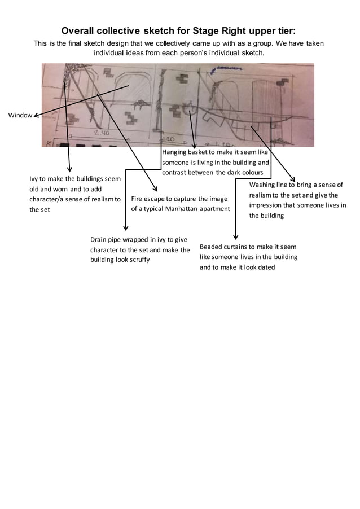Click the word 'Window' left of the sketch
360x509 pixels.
click(20, 116)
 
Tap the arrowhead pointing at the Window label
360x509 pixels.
click(36, 116)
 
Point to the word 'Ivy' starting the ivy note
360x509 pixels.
click(34, 179)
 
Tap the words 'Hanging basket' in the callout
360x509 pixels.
click(184, 152)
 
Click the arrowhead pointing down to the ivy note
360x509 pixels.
click(69, 169)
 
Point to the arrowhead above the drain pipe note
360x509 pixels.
click(125, 227)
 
